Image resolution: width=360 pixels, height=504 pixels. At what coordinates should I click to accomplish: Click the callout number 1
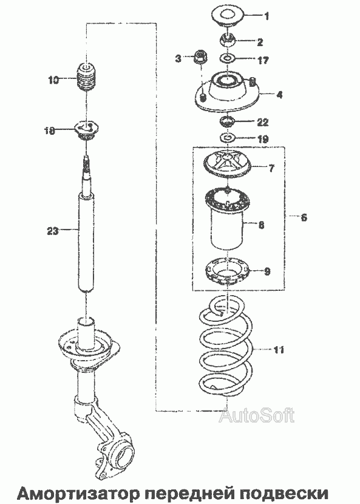[x=267, y=16]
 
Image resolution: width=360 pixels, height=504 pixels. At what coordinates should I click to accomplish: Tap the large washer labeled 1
[x=228, y=15]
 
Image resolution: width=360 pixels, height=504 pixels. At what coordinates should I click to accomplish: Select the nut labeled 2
[x=228, y=40]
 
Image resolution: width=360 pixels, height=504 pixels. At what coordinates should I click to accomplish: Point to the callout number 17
[x=263, y=60]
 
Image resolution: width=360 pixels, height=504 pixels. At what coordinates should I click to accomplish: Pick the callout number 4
[x=279, y=95]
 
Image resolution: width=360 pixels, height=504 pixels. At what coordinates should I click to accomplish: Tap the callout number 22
[x=263, y=122]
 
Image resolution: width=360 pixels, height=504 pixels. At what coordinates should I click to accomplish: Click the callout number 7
[x=271, y=168]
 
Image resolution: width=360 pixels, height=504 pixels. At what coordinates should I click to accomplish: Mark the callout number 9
[x=267, y=271]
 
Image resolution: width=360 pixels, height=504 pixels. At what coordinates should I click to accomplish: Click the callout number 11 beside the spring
[x=279, y=350]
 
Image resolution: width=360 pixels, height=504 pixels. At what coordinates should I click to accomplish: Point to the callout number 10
[x=53, y=80]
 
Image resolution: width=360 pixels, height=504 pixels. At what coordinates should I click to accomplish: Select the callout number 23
[x=52, y=231]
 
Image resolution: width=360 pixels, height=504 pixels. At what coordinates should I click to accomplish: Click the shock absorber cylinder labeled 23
[x=86, y=241]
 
